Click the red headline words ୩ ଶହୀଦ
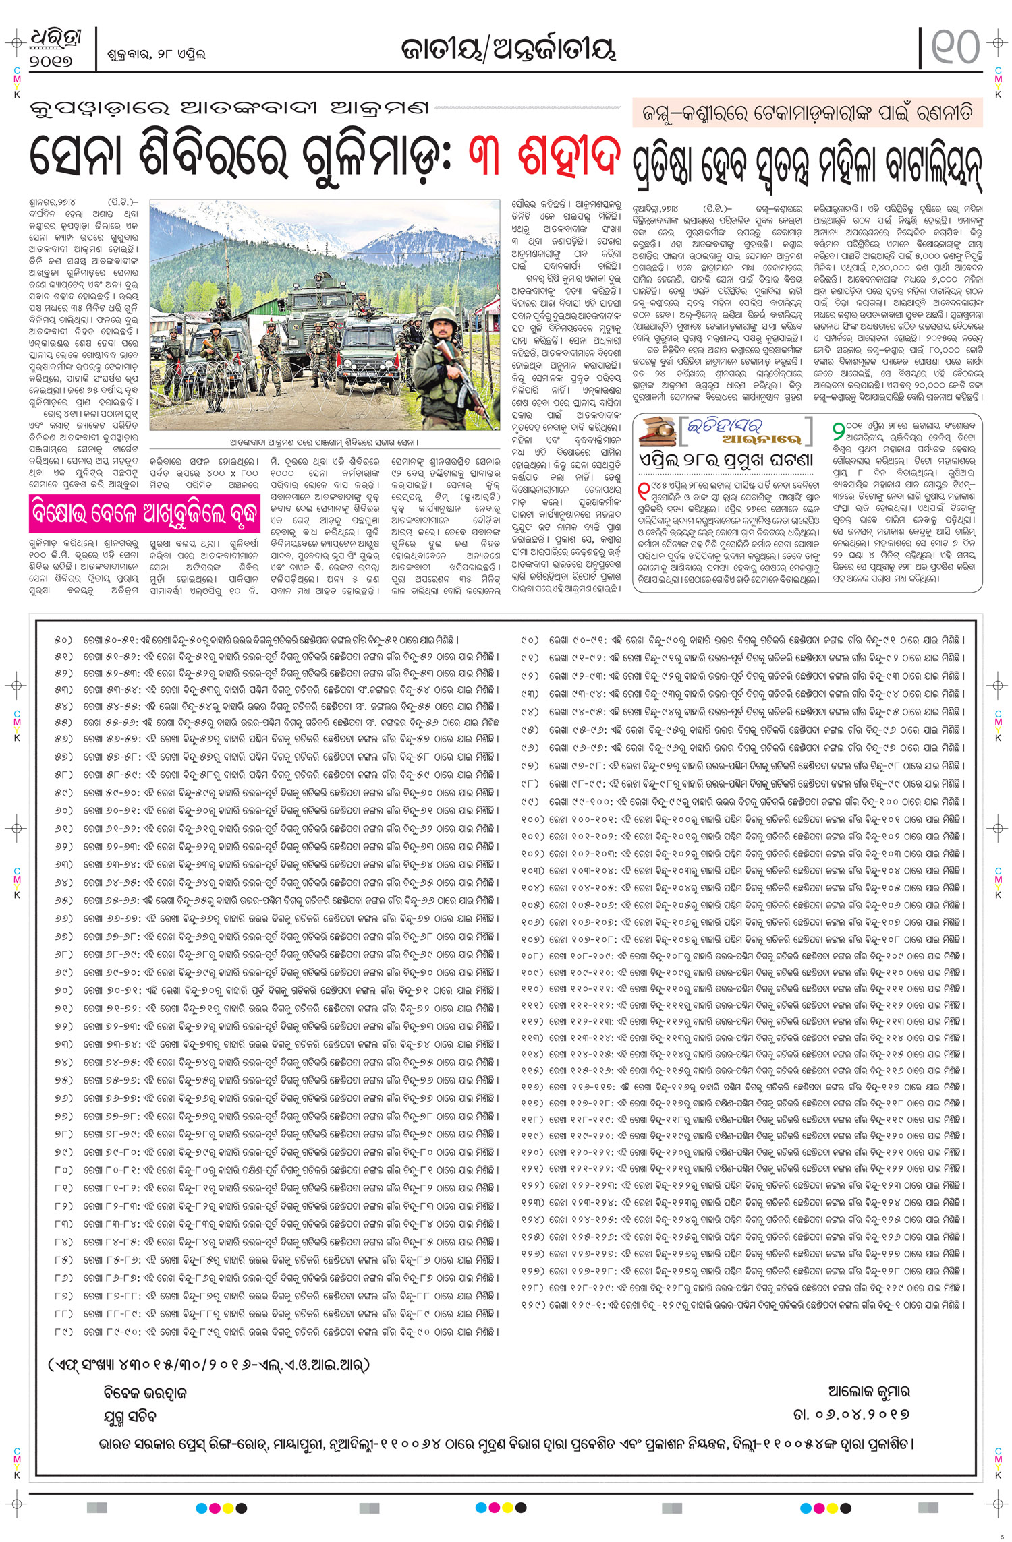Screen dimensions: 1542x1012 point(544,156)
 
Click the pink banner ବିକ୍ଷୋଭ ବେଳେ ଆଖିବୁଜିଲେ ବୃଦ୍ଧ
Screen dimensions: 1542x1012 point(144,514)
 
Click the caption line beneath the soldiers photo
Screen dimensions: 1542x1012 point(324,442)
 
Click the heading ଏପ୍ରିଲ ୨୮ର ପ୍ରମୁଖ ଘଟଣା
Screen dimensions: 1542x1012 point(726,461)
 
